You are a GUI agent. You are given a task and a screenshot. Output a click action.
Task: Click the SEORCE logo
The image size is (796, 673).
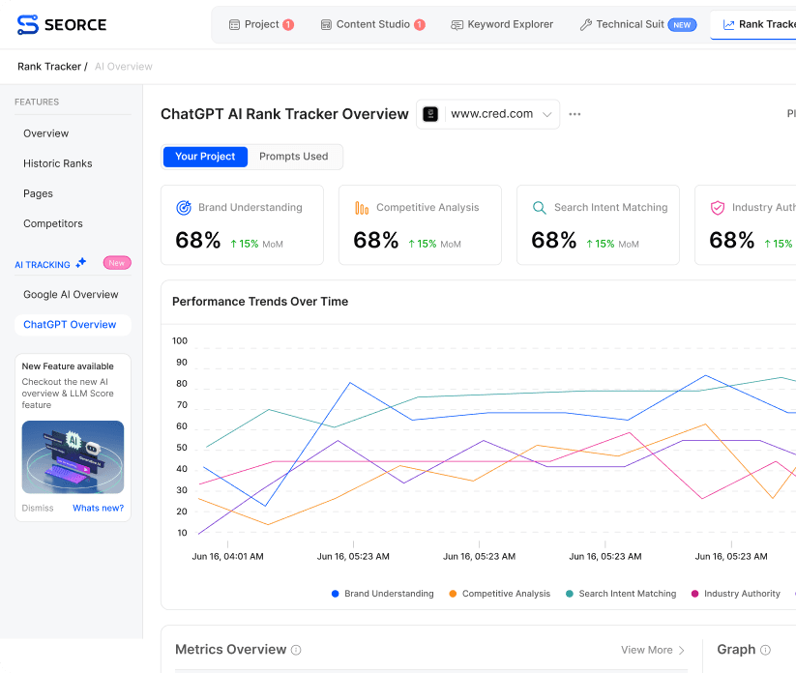click(x=62, y=24)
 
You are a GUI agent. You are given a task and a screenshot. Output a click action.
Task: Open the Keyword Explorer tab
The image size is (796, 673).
click(x=502, y=24)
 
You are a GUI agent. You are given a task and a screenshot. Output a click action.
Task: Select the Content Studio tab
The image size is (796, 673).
click(x=372, y=24)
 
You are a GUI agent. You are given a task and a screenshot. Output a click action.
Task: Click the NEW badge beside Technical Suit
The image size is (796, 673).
click(x=683, y=25)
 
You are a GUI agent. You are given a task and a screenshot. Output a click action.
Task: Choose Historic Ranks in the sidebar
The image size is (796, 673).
click(x=58, y=163)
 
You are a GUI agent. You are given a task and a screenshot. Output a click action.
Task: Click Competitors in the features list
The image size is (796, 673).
click(x=53, y=223)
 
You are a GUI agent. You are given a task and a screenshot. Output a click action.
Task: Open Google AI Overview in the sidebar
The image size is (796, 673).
click(x=71, y=294)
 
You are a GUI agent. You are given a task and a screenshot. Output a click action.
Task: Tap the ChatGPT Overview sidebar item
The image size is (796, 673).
click(x=70, y=325)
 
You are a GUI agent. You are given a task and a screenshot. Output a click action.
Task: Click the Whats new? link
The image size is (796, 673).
click(x=98, y=508)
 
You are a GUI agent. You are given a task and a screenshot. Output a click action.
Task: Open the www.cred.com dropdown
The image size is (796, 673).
click(x=488, y=114)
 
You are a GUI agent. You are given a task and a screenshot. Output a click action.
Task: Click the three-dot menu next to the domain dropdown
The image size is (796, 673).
click(x=575, y=114)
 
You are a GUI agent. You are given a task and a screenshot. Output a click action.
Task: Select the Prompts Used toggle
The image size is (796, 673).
click(x=293, y=157)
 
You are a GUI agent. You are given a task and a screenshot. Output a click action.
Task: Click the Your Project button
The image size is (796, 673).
click(x=205, y=157)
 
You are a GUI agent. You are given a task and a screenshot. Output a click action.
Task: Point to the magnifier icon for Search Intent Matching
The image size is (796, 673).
click(x=540, y=208)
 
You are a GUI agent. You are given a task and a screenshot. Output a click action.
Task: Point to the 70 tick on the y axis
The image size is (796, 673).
click(x=181, y=405)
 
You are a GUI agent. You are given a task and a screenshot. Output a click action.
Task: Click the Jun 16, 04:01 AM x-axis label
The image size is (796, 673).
click(x=227, y=557)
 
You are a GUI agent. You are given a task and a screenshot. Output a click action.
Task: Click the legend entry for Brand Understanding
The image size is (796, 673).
click(x=383, y=594)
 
